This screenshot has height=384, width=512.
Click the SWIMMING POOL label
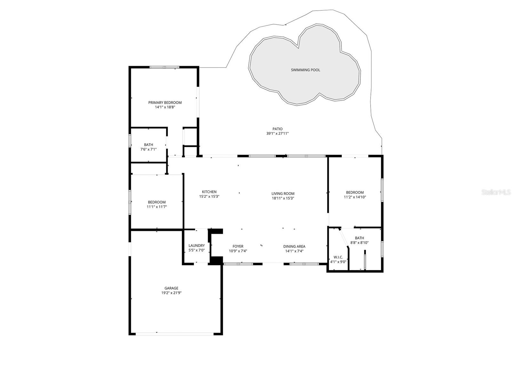(305, 70)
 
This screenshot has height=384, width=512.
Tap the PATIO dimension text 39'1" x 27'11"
(277, 134)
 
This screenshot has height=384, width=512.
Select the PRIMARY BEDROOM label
(165, 102)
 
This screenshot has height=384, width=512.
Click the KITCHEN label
(209, 192)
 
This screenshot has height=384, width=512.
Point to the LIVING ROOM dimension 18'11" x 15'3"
(283, 198)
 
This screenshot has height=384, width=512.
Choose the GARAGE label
(171, 288)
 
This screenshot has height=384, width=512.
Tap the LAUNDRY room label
(196, 245)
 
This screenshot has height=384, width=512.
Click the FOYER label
(238, 246)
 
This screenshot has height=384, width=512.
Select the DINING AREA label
(294, 246)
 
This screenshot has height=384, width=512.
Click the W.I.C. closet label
(338, 257)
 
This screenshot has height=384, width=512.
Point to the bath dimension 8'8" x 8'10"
(359, 243)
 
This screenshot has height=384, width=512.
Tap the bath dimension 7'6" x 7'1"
(148, 149)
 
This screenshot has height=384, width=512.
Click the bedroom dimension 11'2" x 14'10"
(355, 197)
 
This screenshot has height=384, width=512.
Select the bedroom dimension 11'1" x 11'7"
(157, 207)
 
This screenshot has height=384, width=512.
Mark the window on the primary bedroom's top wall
(164, 67)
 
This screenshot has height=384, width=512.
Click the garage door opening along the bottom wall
(175, 334)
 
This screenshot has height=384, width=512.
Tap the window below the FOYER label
(238, 264)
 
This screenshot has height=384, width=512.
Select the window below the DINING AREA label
(304, 264)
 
